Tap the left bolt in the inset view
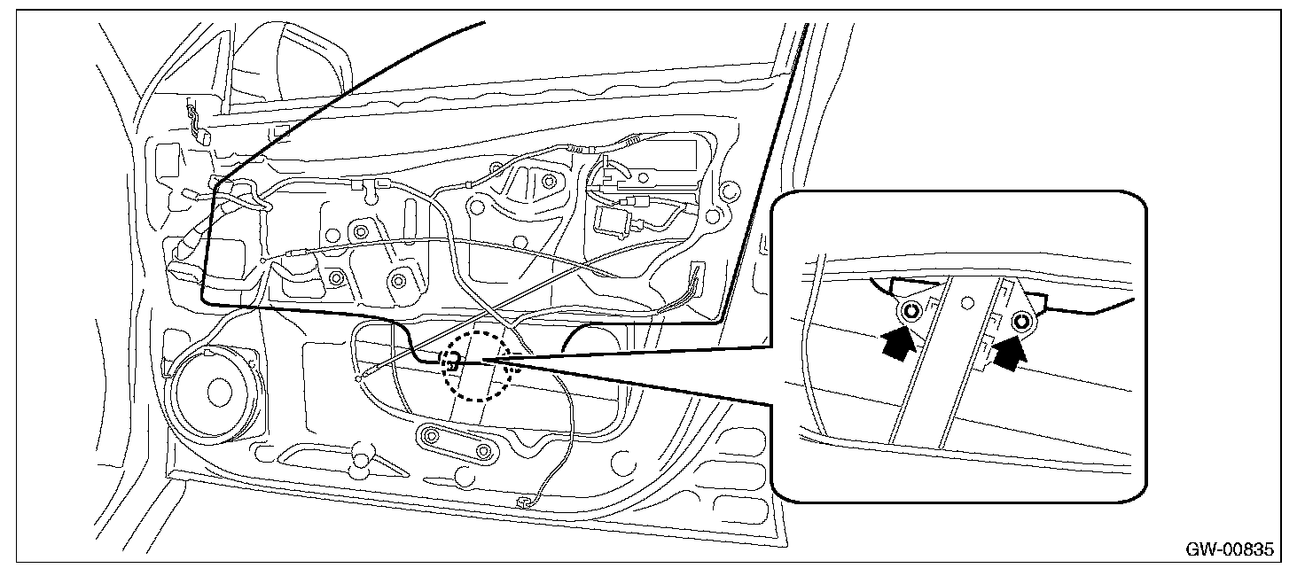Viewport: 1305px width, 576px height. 910,311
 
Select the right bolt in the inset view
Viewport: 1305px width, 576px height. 1022,323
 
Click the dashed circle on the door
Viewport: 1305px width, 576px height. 477,366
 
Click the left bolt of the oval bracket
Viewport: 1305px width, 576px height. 433,436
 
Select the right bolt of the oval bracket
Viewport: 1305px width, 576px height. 483,452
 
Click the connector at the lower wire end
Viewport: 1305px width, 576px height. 522,502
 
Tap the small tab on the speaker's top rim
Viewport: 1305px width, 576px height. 207,354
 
